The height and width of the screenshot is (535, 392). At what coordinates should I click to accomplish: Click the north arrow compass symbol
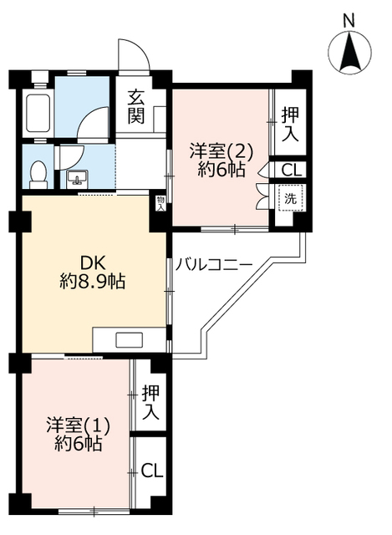(349, 52)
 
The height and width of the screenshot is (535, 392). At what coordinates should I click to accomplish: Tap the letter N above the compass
(349, 21)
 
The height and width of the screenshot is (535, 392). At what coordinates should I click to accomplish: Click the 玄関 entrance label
(135, 106)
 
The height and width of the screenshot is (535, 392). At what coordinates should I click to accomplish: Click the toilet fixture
(38, 175)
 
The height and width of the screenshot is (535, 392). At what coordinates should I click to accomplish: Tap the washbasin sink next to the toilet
(78, 178)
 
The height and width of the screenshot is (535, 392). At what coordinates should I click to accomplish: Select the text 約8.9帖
(93, 282)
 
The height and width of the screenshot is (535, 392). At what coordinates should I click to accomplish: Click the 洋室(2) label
(221, 150)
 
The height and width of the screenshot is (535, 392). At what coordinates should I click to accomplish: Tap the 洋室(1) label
(79, 425)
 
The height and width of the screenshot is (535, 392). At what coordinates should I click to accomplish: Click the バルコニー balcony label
(214, 265)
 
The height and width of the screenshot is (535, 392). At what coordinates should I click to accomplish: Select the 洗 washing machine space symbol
(290, 198)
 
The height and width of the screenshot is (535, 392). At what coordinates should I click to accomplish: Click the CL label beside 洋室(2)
(292, 170)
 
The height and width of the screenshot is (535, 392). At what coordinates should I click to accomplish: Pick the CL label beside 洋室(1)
(152, 471)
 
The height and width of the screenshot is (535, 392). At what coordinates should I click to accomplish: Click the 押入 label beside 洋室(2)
(290, 125)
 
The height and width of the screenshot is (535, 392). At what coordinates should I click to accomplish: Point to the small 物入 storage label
(160, 203)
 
